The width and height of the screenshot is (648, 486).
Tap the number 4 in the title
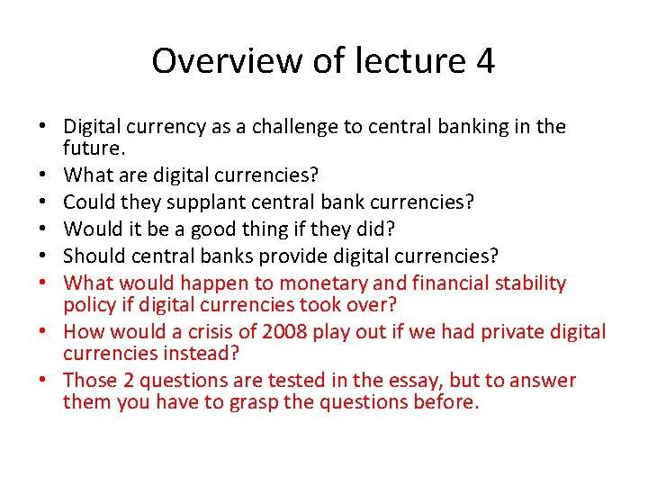484,61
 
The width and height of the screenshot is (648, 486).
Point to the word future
92,147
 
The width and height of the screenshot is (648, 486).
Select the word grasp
251,401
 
